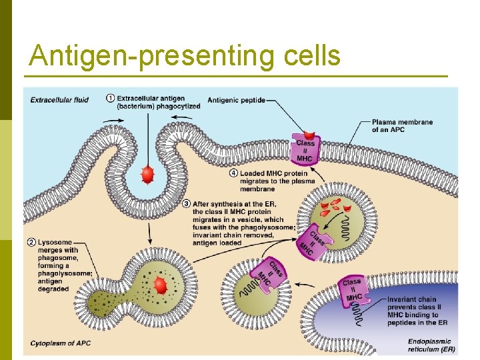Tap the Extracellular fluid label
59,101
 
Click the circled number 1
110,99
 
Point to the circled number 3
186,203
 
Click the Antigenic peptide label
236,101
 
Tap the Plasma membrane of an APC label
402,125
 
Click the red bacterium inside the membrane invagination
147,175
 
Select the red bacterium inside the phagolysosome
160,286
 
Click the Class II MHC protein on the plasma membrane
305,151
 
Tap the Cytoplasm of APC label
61,343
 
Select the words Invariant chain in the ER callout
412,299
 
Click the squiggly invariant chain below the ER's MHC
358,316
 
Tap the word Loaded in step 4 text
254,173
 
